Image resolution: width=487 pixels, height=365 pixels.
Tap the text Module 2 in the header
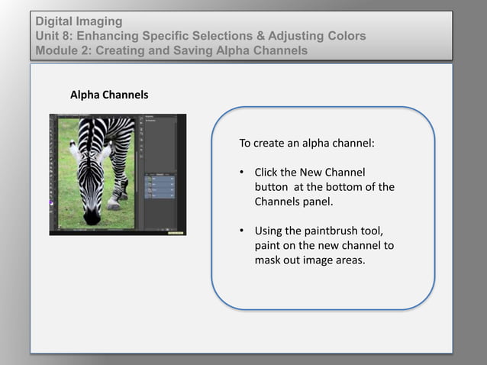[65, 50]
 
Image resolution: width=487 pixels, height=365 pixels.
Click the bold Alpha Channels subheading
[109, 95]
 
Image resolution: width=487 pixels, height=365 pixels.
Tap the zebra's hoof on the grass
[114, 204]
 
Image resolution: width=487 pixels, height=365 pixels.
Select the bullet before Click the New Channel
[241, 172]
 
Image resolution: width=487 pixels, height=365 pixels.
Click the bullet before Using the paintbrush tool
[241, 231]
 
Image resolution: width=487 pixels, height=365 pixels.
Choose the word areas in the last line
[348, 260]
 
